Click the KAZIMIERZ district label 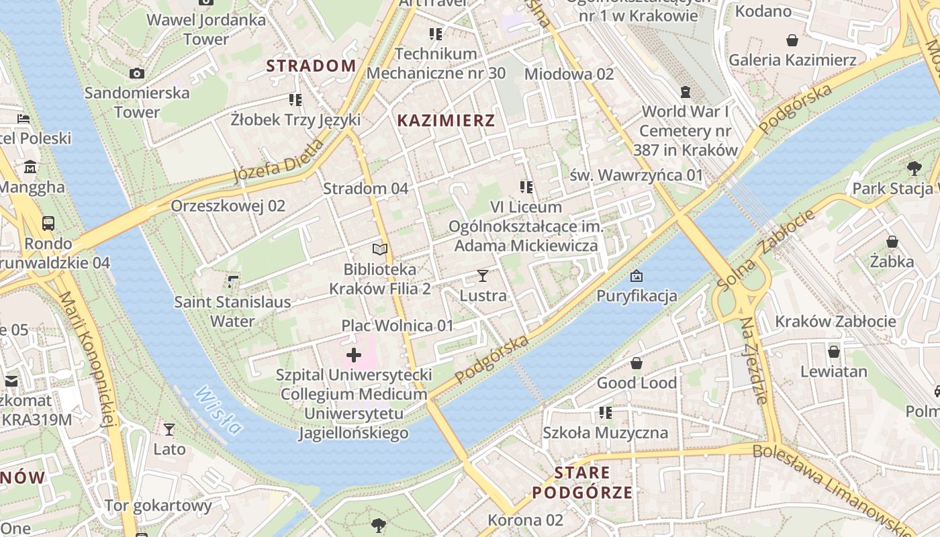point(446,121)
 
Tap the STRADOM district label point(311,66)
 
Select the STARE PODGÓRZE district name point(582,483)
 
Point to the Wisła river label point(218,410)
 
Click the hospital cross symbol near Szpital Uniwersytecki point(354,355)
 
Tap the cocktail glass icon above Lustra point(482,275)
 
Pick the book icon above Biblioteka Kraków point(380,250)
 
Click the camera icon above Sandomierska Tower point(137,73)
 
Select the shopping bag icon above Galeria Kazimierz point(792,40)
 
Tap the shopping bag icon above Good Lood point(637,363)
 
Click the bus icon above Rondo point(48,223)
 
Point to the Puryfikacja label point(637,295)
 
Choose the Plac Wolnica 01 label point(397,326)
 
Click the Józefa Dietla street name point(278,162)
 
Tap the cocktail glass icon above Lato point(169,429)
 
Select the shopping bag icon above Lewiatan point(834,352)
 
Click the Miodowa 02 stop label point(569,74)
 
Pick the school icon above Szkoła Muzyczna point(606,413)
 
